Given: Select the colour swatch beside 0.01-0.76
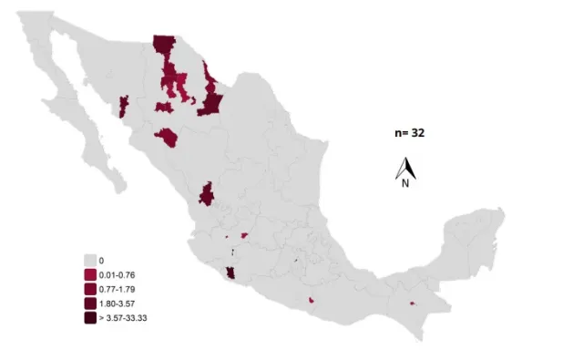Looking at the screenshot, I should point(90,274).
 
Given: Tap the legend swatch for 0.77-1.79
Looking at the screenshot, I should point(90,289).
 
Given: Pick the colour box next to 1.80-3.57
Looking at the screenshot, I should point(90,303).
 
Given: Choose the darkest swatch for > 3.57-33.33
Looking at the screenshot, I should point(90,317).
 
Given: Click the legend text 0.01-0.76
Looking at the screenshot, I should point(117,274).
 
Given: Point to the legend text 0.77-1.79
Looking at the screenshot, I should point(117,289).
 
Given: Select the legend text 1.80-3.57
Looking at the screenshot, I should point(117,303).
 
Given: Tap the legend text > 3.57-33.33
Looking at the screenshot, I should point(122,317).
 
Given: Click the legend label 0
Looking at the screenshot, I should point(101,261).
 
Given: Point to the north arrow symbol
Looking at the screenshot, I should point(405,168).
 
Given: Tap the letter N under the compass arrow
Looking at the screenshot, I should point(405,182).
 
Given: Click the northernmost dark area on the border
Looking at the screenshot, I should point(164,46).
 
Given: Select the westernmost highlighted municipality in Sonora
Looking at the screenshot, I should point(123,108).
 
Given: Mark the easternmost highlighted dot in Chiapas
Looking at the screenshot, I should point(413,303).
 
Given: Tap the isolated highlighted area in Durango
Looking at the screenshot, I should point(207,193).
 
